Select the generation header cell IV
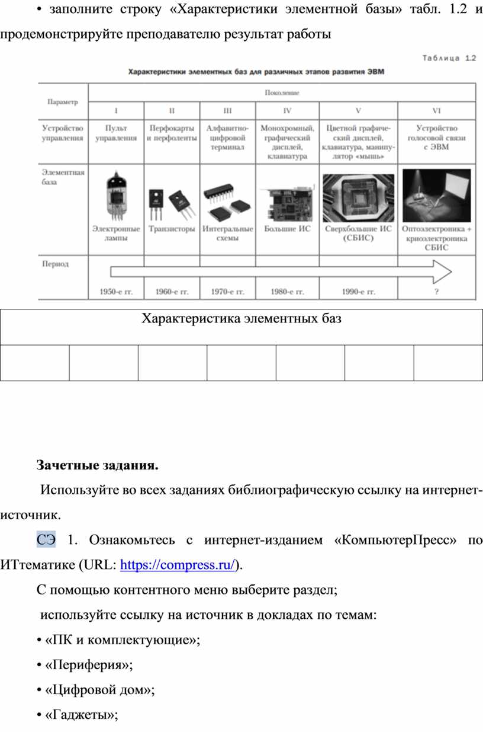(287, 110)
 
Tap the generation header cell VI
(437, 110)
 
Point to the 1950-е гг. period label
(115, 292)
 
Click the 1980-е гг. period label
(287, 292)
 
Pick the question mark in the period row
(437, 292)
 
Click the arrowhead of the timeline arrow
(443, 272)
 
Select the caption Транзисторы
(172, 228)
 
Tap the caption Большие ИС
(287, 228)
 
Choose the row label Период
(55, 264)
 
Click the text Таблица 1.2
(449, 58)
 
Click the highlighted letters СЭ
(46, 540)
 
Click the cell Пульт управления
(115, 133)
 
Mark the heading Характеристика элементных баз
(241, 319)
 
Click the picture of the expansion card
(287, 202)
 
